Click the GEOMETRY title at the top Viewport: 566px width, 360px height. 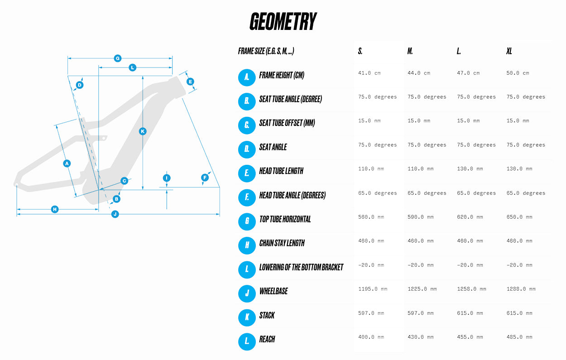[283, 22]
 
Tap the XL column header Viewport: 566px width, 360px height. [509, 51]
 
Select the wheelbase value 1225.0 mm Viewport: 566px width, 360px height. [422, 289]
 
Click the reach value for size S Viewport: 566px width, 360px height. [371, 337]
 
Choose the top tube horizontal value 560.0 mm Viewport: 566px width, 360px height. [371, 217]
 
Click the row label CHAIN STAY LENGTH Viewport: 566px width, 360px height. [282, 243]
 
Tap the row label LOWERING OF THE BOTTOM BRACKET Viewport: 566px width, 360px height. [301, 267]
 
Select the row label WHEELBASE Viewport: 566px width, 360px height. [273, 291]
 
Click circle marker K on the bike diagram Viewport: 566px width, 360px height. [143, 131]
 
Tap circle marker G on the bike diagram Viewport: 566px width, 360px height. [118, 58]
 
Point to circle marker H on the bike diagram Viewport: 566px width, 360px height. [55, 209]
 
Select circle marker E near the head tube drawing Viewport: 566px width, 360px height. [190, 82]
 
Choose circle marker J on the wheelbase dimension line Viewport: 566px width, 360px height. [115, 214]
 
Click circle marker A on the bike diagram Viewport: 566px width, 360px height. [67, 163]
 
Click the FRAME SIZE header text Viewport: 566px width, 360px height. [266, 51]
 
